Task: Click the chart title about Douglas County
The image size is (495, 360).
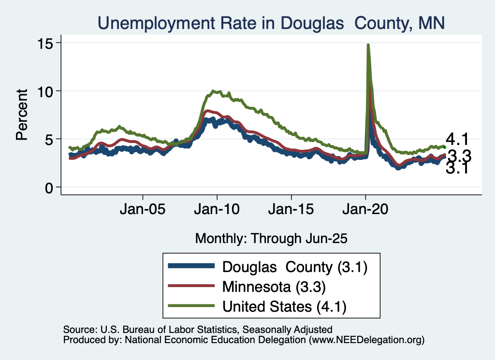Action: [x=271, y=22]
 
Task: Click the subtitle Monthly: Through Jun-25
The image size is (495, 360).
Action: [x=271, y=238]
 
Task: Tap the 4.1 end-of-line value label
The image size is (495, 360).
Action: [x=457, y=140]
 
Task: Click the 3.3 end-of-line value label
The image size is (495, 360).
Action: [x=459, y=156]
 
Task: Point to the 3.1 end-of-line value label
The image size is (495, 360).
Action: [x=457, y=168]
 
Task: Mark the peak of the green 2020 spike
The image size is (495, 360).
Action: [x=368, y=45]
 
